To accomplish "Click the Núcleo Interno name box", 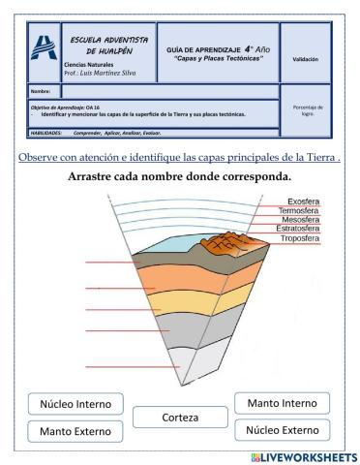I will (x=76, y=403).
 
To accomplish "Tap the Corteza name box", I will (x=180, y=418).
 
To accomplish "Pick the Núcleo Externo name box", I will (x=283, y=428).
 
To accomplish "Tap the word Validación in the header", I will (x=305, y=59).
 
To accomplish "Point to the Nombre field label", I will (x=43, y=90).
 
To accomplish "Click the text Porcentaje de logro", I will (x=305, y=111).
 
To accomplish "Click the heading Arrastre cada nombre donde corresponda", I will (x=180, y=177).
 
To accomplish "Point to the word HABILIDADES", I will (x=46, y=132).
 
